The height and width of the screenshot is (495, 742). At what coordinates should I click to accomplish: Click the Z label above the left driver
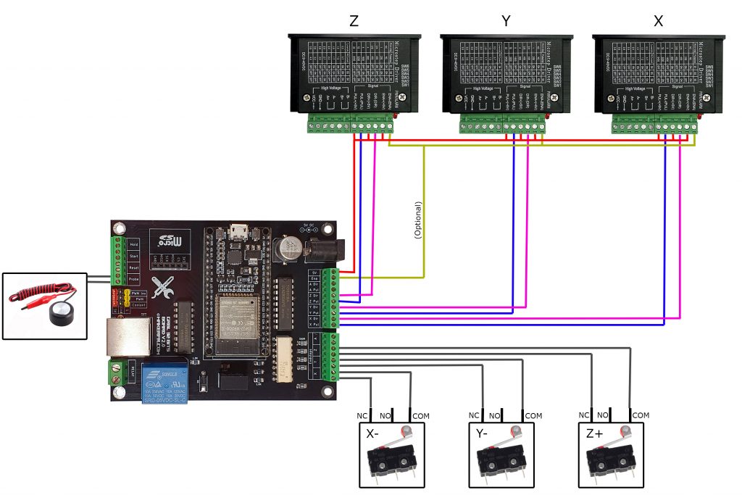point(354,22)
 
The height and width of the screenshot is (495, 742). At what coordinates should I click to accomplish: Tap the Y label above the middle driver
point(506,22)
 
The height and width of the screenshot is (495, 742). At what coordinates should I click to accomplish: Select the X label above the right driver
point(658,22)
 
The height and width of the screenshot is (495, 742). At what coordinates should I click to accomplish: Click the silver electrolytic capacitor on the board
point(289,249)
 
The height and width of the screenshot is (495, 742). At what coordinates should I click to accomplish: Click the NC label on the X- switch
point(362,416)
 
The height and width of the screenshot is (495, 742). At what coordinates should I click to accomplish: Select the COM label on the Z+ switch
point(641,416)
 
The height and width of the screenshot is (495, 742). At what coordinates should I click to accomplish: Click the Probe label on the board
point(133,278)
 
